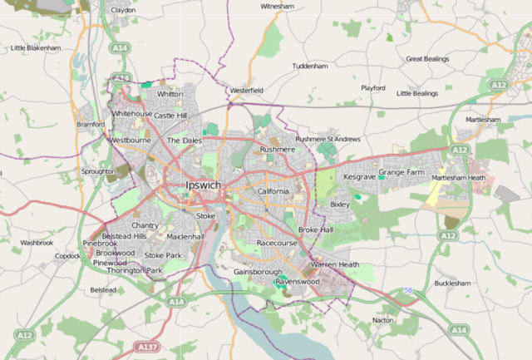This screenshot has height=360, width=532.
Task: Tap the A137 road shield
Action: coord(148,346)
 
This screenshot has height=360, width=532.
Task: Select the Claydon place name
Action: coord(123,10)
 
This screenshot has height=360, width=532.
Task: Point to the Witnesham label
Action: coord(278,6)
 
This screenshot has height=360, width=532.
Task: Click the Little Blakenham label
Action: coord(36,48)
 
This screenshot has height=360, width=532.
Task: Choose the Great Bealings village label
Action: coord(427,59)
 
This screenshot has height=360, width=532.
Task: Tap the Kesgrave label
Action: coord(360,177)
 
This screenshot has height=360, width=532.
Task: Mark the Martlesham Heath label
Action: coord(458,178)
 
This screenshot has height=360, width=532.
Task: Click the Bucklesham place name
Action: coord(452,284)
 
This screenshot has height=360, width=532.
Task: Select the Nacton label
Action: coord(383,319)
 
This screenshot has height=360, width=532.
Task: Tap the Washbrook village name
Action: coord(37,243)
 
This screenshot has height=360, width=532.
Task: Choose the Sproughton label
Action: coord(99,171)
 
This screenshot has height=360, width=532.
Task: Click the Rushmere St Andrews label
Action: coord(328,139)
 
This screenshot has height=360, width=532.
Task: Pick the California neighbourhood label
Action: coord(273,191)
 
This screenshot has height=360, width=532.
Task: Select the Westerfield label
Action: coord(247,90)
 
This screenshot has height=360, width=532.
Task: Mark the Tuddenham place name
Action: coord(310,66)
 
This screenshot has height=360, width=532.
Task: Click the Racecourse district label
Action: coord(277,243)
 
